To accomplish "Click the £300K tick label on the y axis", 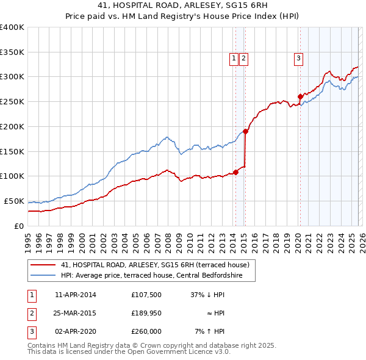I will tap(12, 77).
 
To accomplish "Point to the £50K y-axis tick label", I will tap(14, 201).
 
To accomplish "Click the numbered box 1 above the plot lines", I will tap(234, 59).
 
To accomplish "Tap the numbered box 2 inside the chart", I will tap(243, 59).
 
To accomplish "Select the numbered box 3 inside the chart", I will tap(298, 59).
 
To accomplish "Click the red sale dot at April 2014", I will tap(235, 172).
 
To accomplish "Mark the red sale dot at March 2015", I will tap(245, 131).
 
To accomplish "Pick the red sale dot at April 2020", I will tap(300, 96).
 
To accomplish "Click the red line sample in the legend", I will tap(43, 265).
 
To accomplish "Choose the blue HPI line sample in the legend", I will tap(43, 276).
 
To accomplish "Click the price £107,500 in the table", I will tap(146, 295).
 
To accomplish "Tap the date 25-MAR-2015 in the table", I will tap(76, 313).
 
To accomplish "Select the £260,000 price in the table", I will tap(146, 331).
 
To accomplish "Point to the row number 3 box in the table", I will tap(30, 331).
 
